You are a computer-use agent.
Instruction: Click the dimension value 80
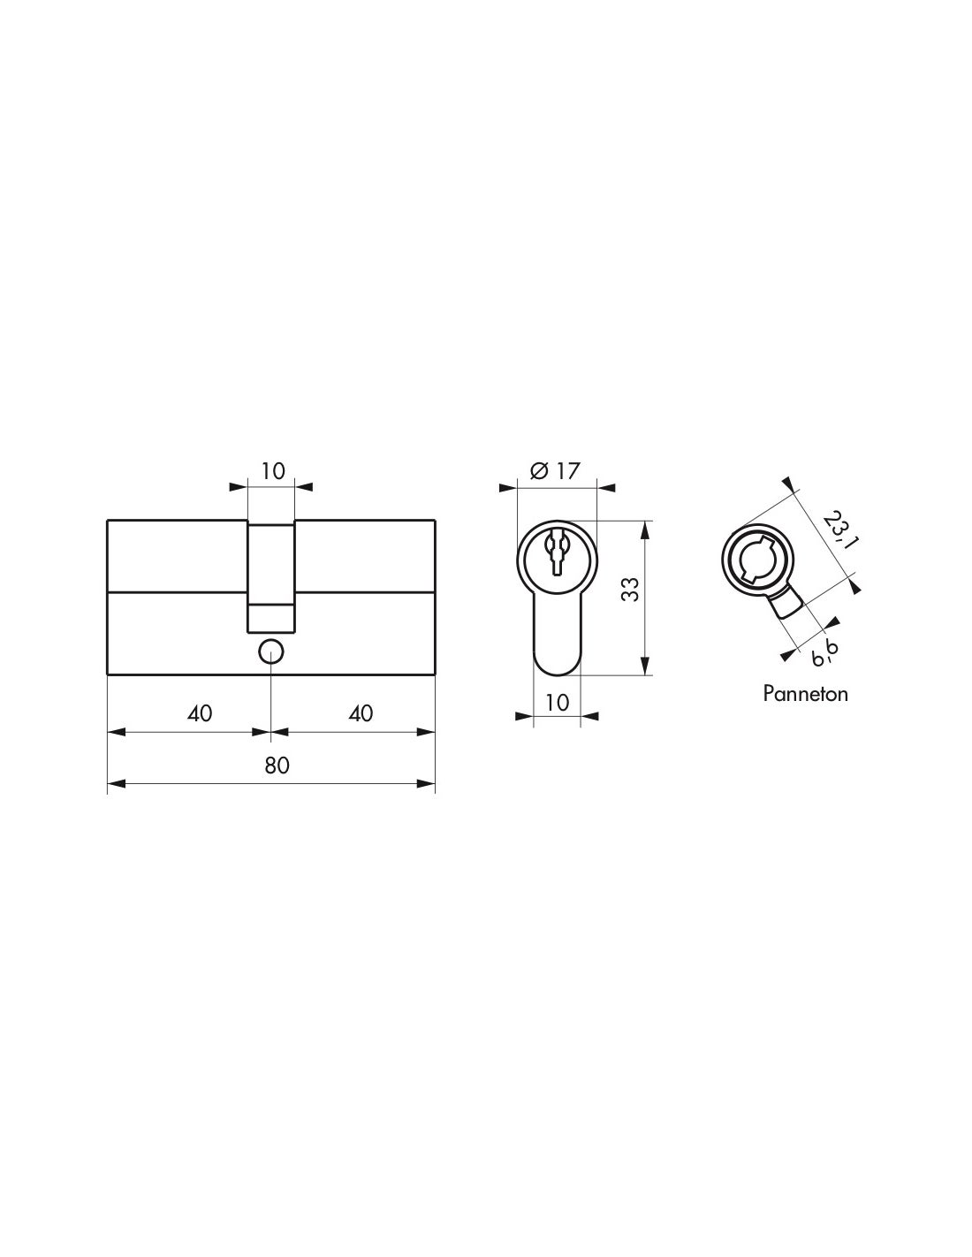277,766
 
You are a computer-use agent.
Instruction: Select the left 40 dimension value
201,712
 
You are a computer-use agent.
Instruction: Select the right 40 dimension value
361,712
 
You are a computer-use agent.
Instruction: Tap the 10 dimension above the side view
274,470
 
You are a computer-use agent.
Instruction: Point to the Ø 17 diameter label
555,470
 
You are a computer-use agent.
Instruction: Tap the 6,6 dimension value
824,651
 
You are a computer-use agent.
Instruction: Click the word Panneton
805,694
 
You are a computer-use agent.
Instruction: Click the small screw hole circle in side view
270,651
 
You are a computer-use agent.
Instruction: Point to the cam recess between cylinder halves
270,575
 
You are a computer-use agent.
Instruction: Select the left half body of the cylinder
177,598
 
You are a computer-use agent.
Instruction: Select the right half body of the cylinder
365,598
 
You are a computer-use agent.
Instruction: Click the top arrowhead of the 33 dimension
645,529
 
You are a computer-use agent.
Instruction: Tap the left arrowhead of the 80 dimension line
115,783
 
